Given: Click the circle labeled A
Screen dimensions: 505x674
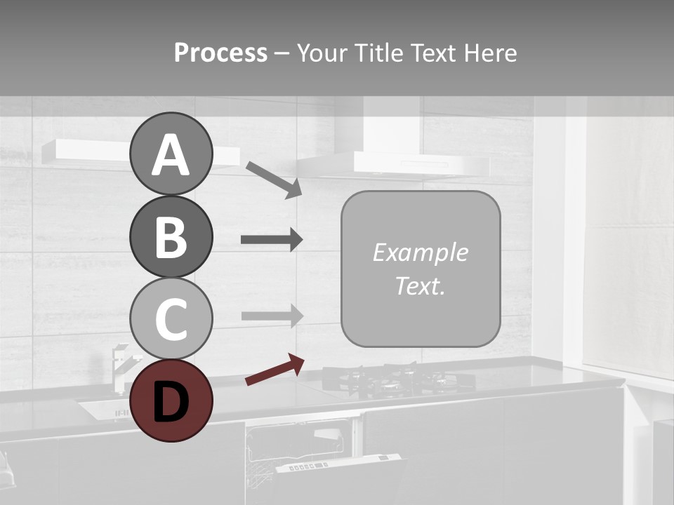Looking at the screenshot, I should click(x=171, y=154).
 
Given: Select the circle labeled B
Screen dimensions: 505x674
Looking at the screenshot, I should click(x=171, y=236).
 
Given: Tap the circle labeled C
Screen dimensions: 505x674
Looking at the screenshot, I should click(x=171, y=318).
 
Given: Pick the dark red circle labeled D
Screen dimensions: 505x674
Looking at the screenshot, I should click(x=171, y=400).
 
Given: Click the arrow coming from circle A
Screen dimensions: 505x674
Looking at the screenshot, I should click(x=274, y=179).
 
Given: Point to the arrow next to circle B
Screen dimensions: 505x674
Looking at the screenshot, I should click(x=271, y=240).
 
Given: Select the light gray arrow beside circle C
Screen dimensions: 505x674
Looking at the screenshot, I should click(x=271, y=316).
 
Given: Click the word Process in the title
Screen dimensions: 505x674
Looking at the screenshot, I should click(x=220, y=53).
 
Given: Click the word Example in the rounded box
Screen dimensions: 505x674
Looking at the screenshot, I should click(x=420, y=252).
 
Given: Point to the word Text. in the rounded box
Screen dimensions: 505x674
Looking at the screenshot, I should click(x=420, y=285).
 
